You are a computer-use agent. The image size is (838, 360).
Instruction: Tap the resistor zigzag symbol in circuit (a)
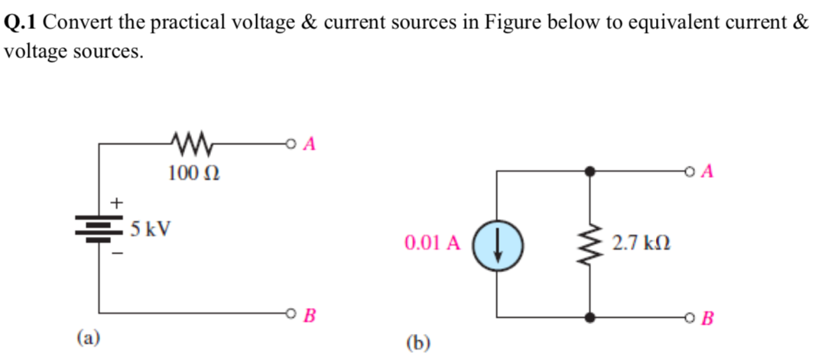pyautogui.click(x=188, y=143)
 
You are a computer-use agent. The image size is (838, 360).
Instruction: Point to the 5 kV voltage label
pyautogui.click(x=151, y=229)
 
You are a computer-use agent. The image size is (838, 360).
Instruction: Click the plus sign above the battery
pyautogui.click(x=117, y=203)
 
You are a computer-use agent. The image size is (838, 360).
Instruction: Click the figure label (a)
pyautogui.click(x=89, y=336)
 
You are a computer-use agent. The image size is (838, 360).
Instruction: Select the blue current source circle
pyautogui.click(x=498, y=245)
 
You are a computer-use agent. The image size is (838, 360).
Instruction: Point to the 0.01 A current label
pyautogui.click(x=433, y=244)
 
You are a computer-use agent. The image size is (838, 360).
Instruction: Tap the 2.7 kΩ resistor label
pyautogui.click(x=642, y=244)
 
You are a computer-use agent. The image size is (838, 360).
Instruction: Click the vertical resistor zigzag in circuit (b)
pyautogui.click(x=589, y=245)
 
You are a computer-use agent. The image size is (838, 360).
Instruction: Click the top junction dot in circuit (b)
pyautogui.click(x=589, y=172)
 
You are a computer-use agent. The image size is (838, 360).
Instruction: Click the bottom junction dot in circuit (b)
pyautogui.click(x=589, y=316)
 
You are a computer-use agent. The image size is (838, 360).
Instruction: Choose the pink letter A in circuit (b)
pyautogui.click(x=707, y=172)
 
